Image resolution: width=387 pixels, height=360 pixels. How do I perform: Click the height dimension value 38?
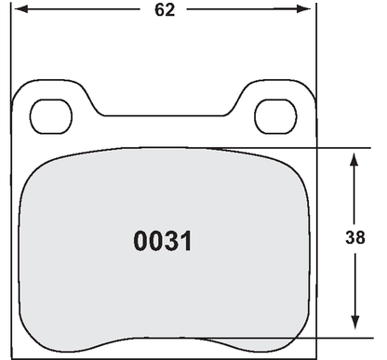[354, 236]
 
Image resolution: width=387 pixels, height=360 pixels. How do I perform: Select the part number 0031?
[163, 242]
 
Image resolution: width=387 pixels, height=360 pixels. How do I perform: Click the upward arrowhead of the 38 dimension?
[354, 158]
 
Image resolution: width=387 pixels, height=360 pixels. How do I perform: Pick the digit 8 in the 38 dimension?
[360, 236]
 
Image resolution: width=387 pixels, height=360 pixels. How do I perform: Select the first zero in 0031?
[141, 242]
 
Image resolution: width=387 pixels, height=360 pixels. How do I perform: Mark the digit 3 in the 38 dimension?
[349, 236]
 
